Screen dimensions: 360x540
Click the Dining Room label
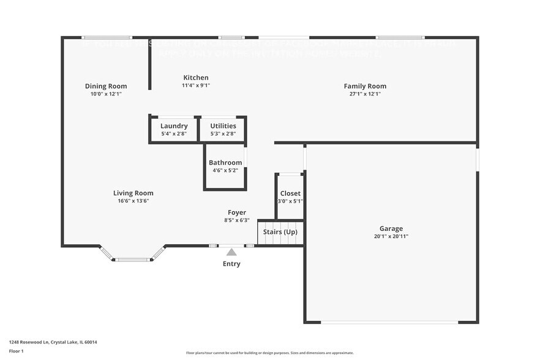point(106,86)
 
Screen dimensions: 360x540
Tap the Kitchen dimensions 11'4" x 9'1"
point(196,86)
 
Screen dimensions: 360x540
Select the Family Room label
point(365,86)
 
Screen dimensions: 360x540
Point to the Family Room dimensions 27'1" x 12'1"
point(365,94)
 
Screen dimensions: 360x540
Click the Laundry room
point(174,129)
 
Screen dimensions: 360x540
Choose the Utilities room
point(223,129)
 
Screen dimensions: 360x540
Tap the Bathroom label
point(225,163)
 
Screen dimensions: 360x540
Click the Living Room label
point(133,193)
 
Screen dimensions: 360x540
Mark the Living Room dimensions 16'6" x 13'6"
point(133,201)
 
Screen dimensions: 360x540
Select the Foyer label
point(237,212)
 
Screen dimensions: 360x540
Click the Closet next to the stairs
point(290,197)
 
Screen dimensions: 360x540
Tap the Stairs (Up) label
point(280,232)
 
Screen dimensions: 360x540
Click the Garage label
point(391,228)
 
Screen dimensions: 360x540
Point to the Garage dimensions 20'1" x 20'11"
point(391,236)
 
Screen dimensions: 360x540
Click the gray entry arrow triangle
point(231,251)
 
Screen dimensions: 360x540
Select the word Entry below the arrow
point(231,264)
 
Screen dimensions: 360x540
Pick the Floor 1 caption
point(16,351)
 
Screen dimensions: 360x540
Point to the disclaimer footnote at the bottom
point(269,353)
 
